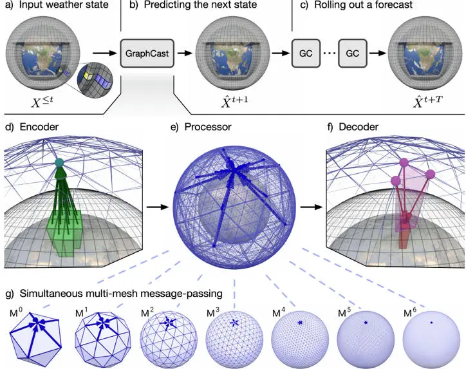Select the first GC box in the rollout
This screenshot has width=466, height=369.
coord(305,53)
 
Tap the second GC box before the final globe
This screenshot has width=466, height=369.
coord(352,53)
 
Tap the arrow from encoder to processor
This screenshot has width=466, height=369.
coord(155,208)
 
